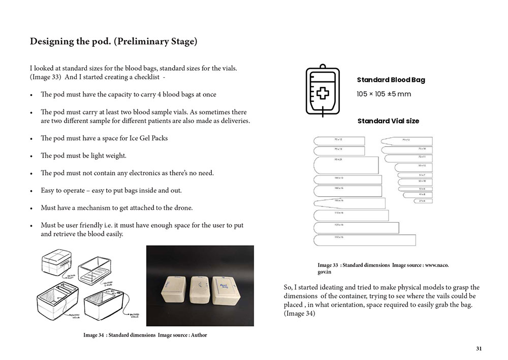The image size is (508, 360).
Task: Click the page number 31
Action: tap(479, 348)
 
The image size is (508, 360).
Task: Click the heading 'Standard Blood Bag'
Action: tap(391, 80)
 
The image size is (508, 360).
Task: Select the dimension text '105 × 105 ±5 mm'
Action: tap(384, 94)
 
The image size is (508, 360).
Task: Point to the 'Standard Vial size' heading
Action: tap(388, 121)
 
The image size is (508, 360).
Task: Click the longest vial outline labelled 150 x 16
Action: tap(365, 240)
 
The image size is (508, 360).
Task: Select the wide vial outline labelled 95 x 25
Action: tap(346, 165)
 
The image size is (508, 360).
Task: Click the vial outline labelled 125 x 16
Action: tap(356, 227)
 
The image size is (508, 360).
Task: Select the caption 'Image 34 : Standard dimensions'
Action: tap(120, 335)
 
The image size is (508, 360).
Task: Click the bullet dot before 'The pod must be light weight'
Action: tap(31, 156)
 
